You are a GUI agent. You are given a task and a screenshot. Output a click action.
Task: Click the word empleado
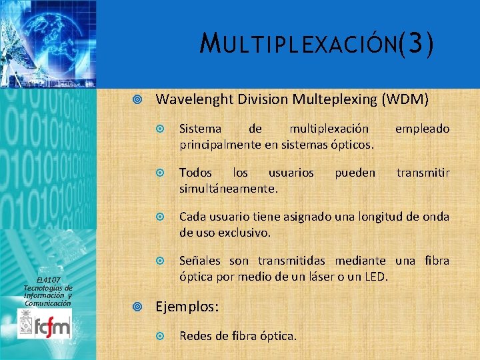[x=423, y=128]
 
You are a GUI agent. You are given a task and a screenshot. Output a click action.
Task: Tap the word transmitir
[x=423, y=173]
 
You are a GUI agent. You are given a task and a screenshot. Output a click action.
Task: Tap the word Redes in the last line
[x=195, y=335]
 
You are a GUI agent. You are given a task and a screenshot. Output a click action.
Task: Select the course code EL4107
[x=48, y=279]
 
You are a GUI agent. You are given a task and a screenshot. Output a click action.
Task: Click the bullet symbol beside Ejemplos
[x=137, y=307]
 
